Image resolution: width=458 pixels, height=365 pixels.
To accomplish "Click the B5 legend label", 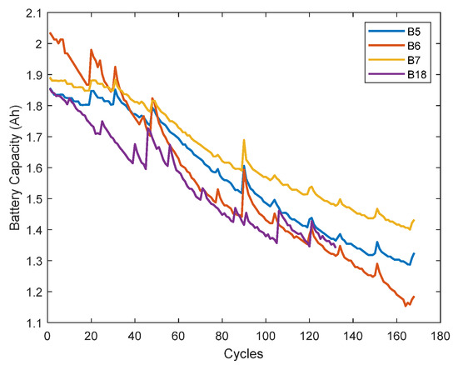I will (x=414, y=31).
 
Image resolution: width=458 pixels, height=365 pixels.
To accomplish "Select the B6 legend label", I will (x=414, y=45).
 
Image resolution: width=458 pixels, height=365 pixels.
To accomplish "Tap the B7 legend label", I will (x=414, y=59).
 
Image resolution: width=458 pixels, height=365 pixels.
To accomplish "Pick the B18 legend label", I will (x=416, y=74).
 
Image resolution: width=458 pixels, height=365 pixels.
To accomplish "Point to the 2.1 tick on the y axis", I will (x=32, y=12).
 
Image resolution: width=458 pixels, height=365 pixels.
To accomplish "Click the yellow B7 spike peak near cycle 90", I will (x=243, y=140).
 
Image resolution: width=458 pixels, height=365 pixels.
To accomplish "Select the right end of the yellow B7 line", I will (x=414, y=220).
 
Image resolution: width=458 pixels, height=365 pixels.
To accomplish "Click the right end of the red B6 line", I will (x=414, y=296).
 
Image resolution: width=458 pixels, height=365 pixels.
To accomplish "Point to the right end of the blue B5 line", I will (x=414, y=253).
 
